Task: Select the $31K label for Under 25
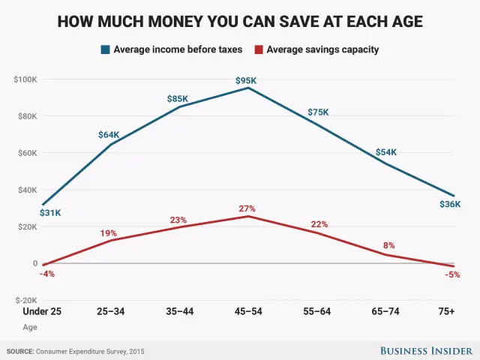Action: (50, 214)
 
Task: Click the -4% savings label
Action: (47, 274)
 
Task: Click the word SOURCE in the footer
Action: (22, 350)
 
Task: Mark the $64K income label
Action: (109, 135)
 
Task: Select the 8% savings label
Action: (388, 245)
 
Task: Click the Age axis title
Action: (29, 327)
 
